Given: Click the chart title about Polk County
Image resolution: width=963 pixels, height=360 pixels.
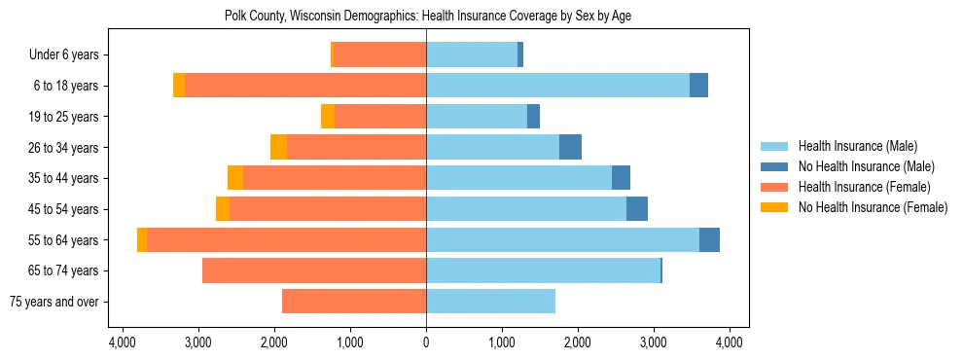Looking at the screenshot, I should tap(428, 17).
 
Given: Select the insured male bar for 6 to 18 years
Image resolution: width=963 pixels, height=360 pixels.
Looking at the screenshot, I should tap(557, 86).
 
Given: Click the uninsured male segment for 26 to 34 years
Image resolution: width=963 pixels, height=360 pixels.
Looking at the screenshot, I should tap(570, 147).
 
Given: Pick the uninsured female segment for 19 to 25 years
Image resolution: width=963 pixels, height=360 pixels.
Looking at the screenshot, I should tap(328, 117).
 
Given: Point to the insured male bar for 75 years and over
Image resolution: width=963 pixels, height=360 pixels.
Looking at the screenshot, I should tap(490, 302).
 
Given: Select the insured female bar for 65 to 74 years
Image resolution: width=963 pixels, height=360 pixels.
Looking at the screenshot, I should tap(314, 270).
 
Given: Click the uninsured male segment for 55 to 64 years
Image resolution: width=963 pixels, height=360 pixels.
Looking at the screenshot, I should tap(709, 239).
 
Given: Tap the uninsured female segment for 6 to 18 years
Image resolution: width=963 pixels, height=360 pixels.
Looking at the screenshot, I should tap(179, 86).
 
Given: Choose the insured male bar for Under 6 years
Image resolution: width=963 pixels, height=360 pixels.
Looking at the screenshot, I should tap(472, 54).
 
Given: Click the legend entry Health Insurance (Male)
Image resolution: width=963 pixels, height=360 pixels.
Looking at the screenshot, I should tap(857, 147).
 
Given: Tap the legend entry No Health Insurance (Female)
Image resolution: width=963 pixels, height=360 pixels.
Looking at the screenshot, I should tap(873, 207).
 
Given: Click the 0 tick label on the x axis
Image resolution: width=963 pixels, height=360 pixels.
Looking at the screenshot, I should tap(426, 342).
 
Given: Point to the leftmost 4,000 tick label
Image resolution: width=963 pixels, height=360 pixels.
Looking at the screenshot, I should tap(122, 342).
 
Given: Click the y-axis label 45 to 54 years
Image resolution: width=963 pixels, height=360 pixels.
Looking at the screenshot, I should tap(63, 209).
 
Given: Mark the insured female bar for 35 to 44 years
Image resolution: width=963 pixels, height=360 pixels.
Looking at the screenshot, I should tap(335, 178).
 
